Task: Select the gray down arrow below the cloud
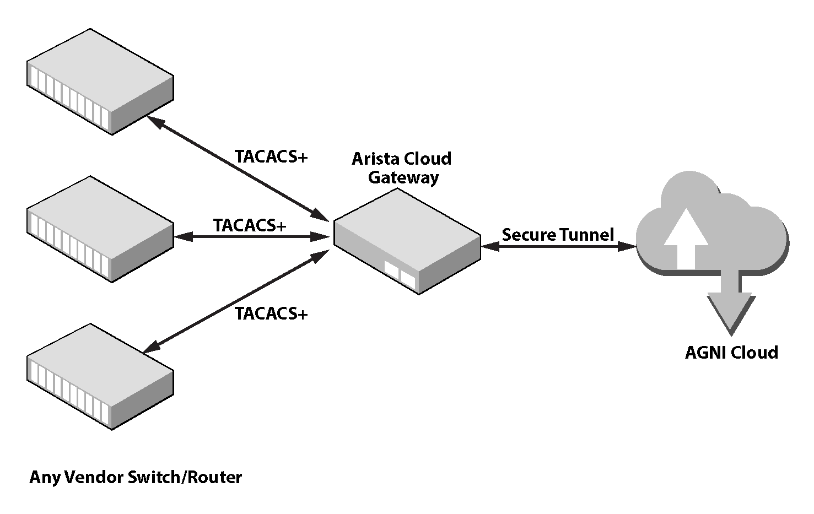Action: (731, 309)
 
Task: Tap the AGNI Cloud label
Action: (731, 353)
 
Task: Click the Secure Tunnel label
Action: (558, 235)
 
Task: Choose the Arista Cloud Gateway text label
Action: (402, 168)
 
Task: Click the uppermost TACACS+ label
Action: (271, 157)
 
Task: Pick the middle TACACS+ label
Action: (250, 225)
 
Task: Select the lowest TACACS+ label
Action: (271, 313)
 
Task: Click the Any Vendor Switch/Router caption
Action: (136, 477)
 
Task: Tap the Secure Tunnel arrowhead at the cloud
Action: (627, 247)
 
